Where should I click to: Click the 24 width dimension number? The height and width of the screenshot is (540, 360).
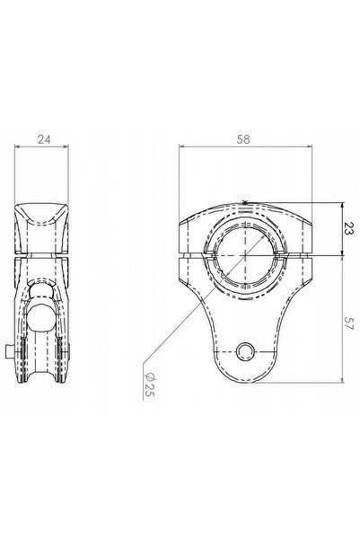point(44,139)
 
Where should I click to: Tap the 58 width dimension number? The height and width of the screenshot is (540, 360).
point(243,139)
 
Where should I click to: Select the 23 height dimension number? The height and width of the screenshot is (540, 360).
point(349,229)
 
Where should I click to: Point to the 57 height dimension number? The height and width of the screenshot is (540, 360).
point(349,323)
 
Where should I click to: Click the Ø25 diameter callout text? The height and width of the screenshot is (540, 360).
point(149,384)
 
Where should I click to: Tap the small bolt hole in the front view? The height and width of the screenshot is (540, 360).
point(245,351)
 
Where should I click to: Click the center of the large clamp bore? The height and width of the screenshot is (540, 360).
point(245,255)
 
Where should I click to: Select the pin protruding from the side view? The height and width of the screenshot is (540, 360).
point(10,352)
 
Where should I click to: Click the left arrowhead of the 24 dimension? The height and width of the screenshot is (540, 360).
point(17,146)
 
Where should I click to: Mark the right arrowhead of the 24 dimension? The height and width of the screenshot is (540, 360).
point(66,146)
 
